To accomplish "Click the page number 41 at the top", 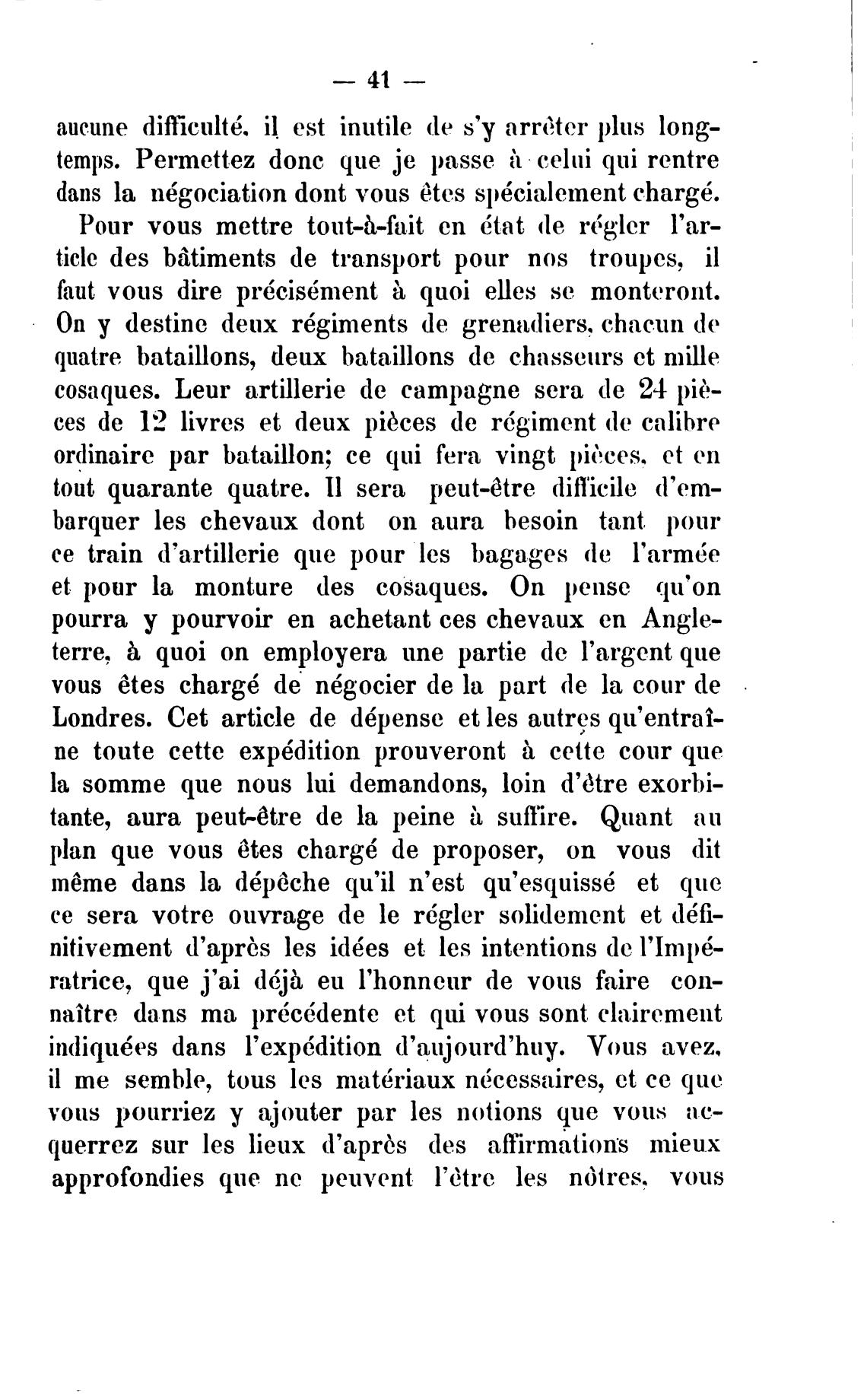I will click(378, 79).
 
